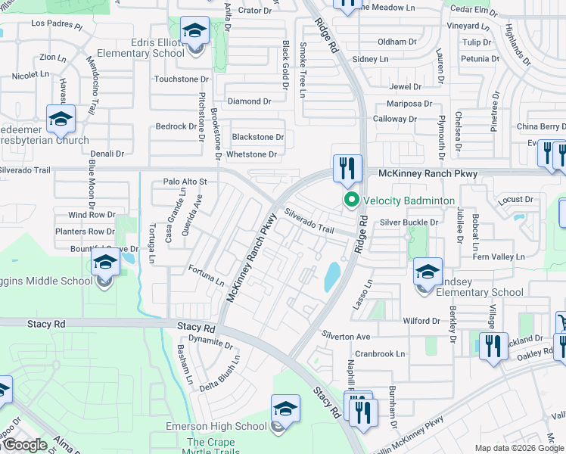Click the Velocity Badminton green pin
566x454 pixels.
[351, 201]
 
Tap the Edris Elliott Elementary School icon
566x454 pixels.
[194, 33]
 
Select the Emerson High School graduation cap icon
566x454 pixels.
[285, 410]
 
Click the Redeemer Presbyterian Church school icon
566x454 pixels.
[61, 120]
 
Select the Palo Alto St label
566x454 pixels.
[185, 182]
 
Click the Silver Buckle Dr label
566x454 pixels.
[409, 222]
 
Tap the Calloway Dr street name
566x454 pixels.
[395, 120]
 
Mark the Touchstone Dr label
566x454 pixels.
[181, 79]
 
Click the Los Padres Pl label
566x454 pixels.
[57, 24]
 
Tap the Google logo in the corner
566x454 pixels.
[24, 445]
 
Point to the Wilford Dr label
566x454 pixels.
[421, 321]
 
